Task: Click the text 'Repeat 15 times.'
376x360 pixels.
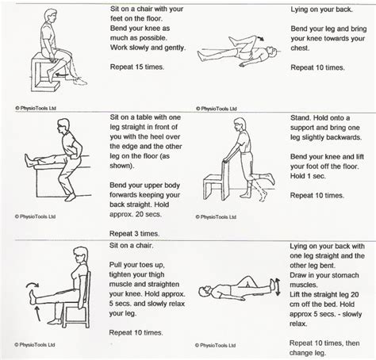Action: click(137, 67)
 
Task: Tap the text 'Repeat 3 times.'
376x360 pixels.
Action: click(135, 234)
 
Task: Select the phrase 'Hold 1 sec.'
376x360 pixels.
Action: click(308, 176)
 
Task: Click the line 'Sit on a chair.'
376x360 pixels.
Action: click(132, 246)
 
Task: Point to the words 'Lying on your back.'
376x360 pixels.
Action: click(321, 10)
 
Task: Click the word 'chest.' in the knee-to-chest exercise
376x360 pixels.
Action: click(300, 48)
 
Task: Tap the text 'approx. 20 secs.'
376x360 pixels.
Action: click(136, 214)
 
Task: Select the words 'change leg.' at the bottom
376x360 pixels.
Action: click(308, 353)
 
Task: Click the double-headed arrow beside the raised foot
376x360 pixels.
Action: click(278, 287)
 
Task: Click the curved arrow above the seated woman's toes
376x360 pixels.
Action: click(33, 285)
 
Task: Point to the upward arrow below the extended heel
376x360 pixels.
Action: click(37, 313)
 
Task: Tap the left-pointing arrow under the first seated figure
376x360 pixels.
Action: click(62, 75)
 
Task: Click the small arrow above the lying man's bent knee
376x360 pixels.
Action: click(260, 38)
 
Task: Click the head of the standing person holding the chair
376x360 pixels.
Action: click(240, 124)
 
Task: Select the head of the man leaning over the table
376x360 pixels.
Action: click(63, 126)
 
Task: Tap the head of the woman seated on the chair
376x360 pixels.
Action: click(80, 255)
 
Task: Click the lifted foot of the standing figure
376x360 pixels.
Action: click(270, 179)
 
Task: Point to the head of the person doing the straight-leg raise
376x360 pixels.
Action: click(205, 291)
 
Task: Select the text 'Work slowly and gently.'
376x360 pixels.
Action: click(148, 48)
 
